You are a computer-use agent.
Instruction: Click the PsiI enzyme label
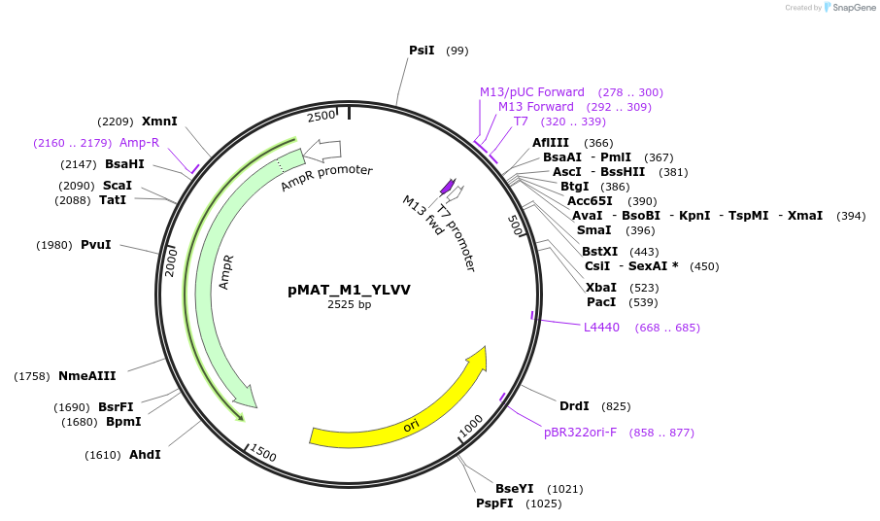[x=422, y=51]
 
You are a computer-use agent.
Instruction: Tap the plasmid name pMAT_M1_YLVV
[x=349, y=290]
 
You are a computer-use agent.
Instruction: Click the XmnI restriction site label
[x=159, y=122]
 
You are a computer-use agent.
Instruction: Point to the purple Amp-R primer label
[x=139, y=143]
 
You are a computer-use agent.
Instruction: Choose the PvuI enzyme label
[x=95, y=245]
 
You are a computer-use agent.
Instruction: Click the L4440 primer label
[x=601, y=328]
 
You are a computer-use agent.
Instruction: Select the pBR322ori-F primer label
[x=580, y=433]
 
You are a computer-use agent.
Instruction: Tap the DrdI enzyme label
[x=574, y=406]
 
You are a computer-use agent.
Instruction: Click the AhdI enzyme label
[x=145, y=455]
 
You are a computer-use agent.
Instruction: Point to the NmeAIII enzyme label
[x=87, y=376]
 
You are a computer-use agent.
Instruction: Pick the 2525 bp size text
[x=349, y=304]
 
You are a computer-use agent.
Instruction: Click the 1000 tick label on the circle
[x=470, y=426]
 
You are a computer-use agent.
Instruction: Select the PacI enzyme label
[x=601, y=302]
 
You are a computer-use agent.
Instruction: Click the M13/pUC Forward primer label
[x=532, y=92]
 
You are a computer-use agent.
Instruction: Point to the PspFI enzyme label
[x=494, y=504]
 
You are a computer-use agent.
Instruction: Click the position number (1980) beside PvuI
[x=54, y=245]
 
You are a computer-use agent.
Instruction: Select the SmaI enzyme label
[x=593, y=230]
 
